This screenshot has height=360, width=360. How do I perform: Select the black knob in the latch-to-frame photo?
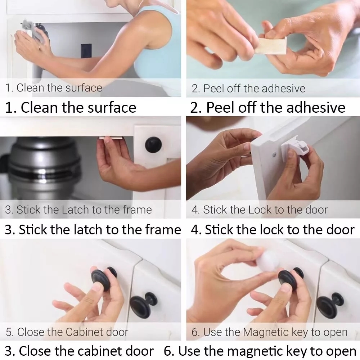(153, 144)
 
